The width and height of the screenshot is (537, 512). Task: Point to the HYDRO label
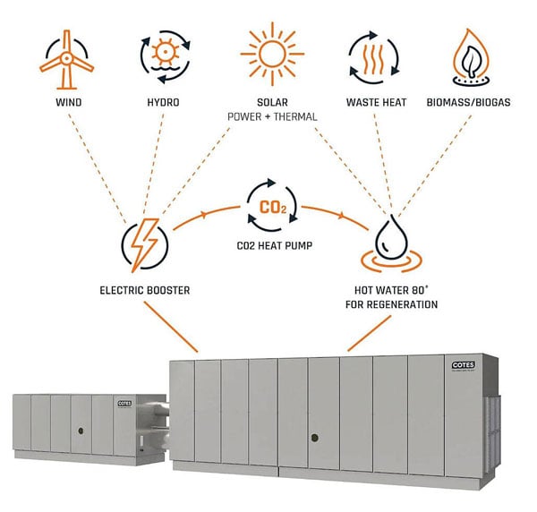tap(162, 103)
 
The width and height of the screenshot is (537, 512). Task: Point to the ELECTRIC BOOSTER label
tap(143, 291)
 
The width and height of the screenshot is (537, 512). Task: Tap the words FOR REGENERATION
tap(395, 304)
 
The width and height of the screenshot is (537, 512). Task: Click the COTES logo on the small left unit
tap(124, 405)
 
